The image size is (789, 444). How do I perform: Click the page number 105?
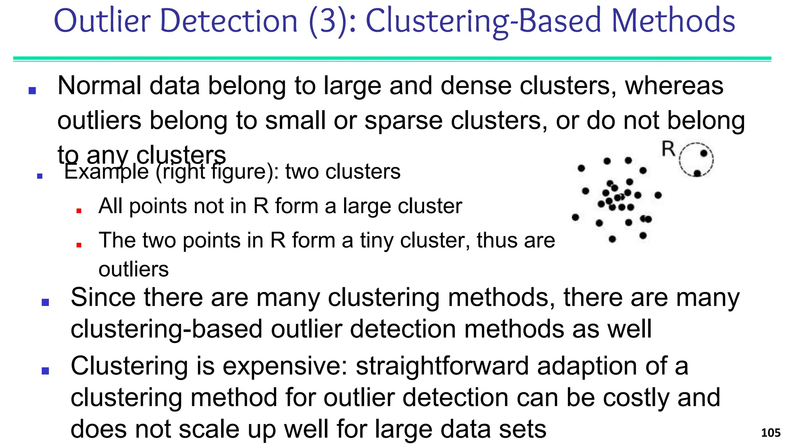click(x=771, y=433)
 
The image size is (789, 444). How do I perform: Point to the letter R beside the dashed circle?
click(x=668, y=149)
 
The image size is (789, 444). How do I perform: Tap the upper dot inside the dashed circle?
click(x=703, y=153)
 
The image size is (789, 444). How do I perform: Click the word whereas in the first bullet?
click(x=674, y=86)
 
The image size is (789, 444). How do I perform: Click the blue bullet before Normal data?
click(x=32, y=91)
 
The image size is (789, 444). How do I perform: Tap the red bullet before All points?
click(x=79, y=210)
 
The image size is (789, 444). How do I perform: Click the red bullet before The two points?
click(x=79, y=245)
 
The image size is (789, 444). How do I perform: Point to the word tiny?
click(x=376, y=240)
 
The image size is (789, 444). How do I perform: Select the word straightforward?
click(x=442, y=366)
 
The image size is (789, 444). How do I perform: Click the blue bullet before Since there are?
click(x=45, y=303)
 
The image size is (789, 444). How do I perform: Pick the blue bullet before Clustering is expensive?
click(x=45, y=371)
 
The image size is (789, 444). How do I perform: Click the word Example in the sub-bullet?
click(x=106, y=172)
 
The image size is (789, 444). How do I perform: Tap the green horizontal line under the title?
click(x=392, y=59)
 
